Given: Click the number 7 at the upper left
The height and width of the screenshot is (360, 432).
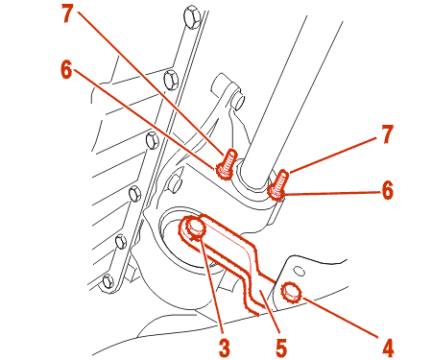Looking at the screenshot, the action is pyautogui.click(x=68, y=13).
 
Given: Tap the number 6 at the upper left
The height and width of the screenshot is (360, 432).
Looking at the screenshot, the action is pyautogui.click(x=66, y=70).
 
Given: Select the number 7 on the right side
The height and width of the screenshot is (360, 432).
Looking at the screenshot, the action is pyautogui.click(x=387, y=134).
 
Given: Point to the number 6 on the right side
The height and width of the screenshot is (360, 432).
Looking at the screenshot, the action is pyautogui.click(x=387, y=191).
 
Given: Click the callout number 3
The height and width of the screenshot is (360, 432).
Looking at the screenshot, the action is pyautogui.click(x=225, y=348).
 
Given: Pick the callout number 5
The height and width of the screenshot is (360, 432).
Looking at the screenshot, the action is pyautogui.click(x=280, y=348).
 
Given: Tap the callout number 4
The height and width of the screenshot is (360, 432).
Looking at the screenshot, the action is pyautogui.click(x=388, y=348).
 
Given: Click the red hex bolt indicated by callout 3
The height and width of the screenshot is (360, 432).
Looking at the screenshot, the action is pyautogui.click(x=195, y=228).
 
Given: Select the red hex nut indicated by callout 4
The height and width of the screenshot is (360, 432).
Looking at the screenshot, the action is pyautogui.click(x=291, y=293).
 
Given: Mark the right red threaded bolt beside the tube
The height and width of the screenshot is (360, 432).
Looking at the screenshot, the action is pyautogui.click(x=277, y=185).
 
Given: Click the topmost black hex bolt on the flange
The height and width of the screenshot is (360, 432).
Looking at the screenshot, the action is pyautogui.click(x=192, y=16).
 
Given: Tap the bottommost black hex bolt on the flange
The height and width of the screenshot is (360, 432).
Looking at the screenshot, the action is pyautogui.click(x=108, y=282).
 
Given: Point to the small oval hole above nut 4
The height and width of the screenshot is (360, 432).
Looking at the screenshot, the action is pyautogui.click(x=300, y=271).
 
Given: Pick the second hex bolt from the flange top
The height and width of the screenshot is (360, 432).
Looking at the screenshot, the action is pyautogui.click(x=171, y=80).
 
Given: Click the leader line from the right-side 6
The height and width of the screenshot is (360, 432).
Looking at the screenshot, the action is pyautogui.click(x=332, y=193).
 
